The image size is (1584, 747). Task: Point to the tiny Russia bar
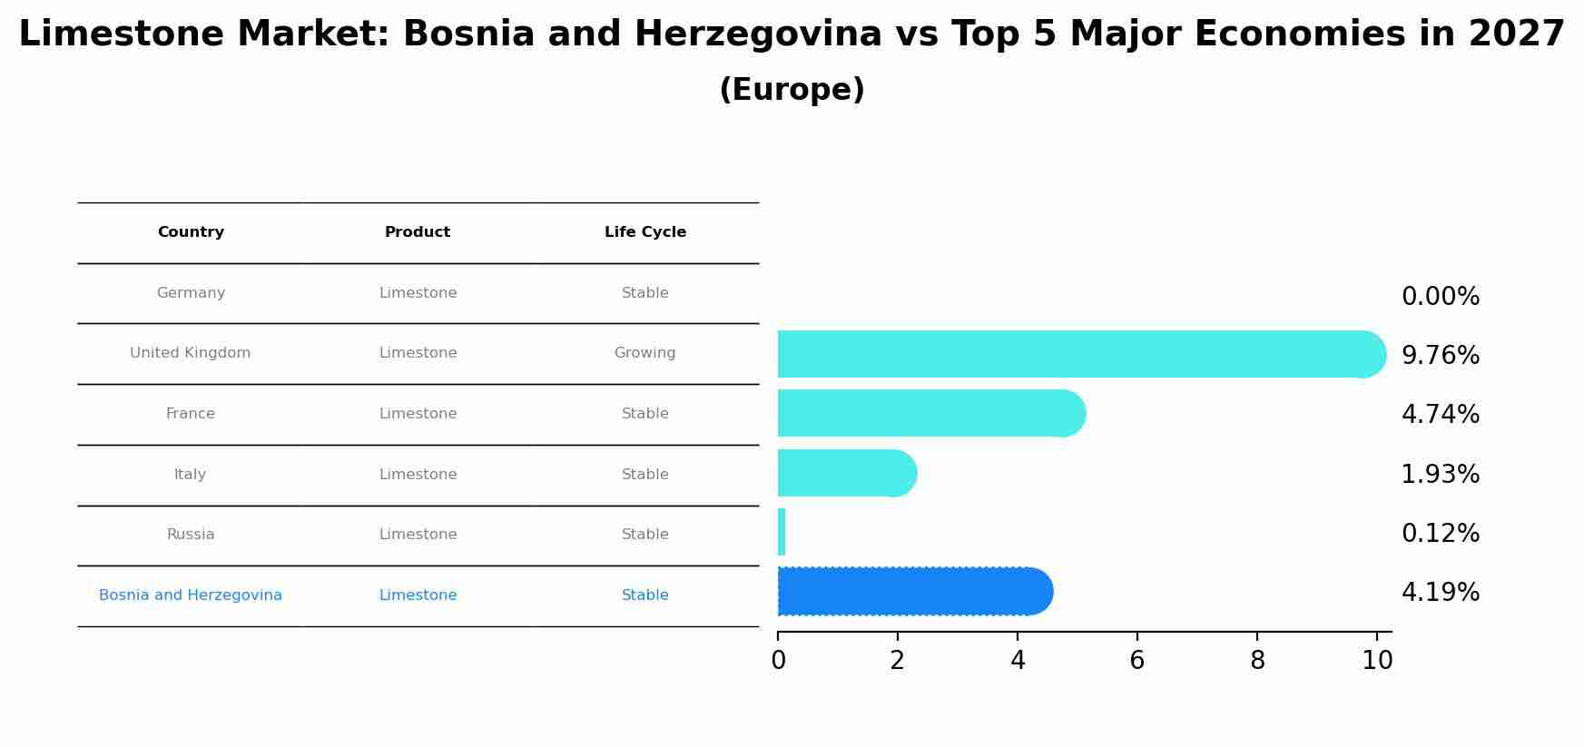click(782, 532)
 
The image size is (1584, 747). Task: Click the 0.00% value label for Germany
click(1440, 297)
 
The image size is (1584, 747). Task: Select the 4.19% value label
click(1440, 593)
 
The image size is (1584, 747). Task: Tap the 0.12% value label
click(1440, 534)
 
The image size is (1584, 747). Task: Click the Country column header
click(191, 232)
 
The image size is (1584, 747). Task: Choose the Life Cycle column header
click(645, 232)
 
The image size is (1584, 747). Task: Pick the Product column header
click(418, 232)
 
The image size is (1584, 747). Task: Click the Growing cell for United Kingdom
click(644, 353)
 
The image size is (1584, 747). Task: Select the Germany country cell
click(191, 293)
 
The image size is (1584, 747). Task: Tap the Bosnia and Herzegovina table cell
click(191, 595)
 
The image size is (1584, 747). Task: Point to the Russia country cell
click(191, 535)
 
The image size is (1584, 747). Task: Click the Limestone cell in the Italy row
click(418, 475)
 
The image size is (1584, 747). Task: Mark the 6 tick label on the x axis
click(1136, 661)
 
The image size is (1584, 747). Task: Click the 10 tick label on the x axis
click(1377, 661)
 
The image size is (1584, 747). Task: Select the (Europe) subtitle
click(792, 90)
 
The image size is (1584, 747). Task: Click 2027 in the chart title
click(1516, 34)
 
